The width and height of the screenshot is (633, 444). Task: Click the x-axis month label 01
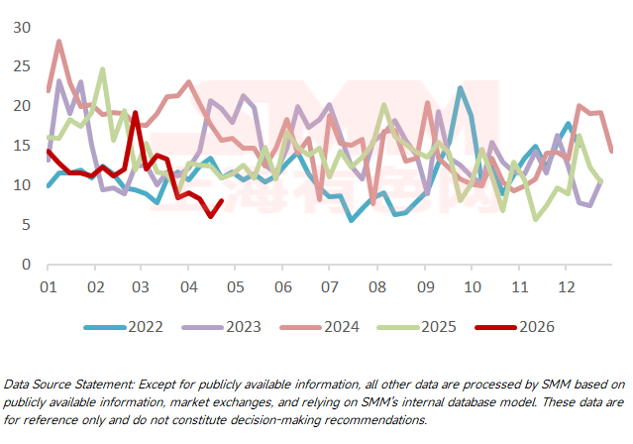(48, 286)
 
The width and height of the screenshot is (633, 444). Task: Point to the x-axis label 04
(188, 286)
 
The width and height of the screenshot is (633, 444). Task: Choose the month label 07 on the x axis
(330, 286)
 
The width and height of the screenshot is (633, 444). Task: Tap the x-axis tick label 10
(472, 286)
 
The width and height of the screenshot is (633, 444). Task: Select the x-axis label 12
(566, 286)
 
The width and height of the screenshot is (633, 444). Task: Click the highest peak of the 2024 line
(58, 42)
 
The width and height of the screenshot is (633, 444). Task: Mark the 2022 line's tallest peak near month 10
(461, 88)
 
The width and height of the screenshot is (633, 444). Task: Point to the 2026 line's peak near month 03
(135, 113)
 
